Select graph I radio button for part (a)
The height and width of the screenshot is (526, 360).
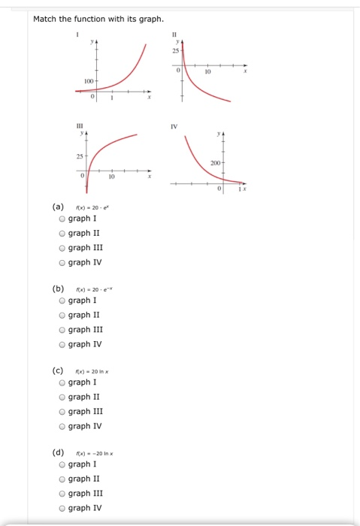click(62, 219)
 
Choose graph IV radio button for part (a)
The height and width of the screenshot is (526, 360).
click(62, 262)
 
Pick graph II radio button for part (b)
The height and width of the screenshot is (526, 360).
click(62, 315)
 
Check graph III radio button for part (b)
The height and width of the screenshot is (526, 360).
click(62, 329)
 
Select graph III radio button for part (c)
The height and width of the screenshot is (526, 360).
click(62, 411)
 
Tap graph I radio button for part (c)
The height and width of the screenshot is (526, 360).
click(62, 382)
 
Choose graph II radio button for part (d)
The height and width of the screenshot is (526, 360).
click(62, 479)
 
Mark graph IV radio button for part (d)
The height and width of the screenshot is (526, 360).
click(62, 507)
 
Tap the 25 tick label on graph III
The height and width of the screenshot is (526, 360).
click(78, 156)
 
